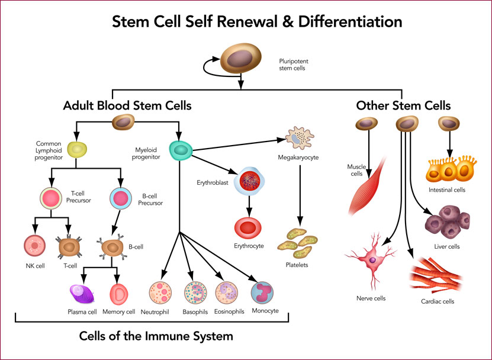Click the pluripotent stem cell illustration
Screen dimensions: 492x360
[240, 58]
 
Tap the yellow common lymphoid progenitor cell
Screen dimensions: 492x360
[77, 150]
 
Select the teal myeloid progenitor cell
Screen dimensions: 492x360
[181, 150]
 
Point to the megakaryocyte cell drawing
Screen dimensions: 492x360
[300, 138]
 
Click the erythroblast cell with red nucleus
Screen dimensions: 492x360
[249, 181]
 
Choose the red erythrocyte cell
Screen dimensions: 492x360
[248, 228]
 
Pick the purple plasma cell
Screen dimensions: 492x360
[82, 294]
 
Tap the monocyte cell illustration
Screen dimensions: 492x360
[262, 293]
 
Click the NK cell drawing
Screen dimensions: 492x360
[34, 246]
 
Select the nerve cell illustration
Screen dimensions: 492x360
[371, 260]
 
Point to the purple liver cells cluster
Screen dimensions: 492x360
[448, 222]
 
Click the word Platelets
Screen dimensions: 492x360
[297, 265]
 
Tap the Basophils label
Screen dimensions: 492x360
[195, 312]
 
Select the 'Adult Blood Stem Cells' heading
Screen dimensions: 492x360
[127, 105]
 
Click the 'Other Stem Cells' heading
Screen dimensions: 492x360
[403, 105]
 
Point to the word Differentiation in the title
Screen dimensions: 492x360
[350, 22]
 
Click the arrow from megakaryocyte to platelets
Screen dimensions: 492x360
[300, 196]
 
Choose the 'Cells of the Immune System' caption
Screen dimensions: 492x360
[156, 336]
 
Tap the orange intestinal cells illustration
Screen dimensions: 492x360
[451, 169]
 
